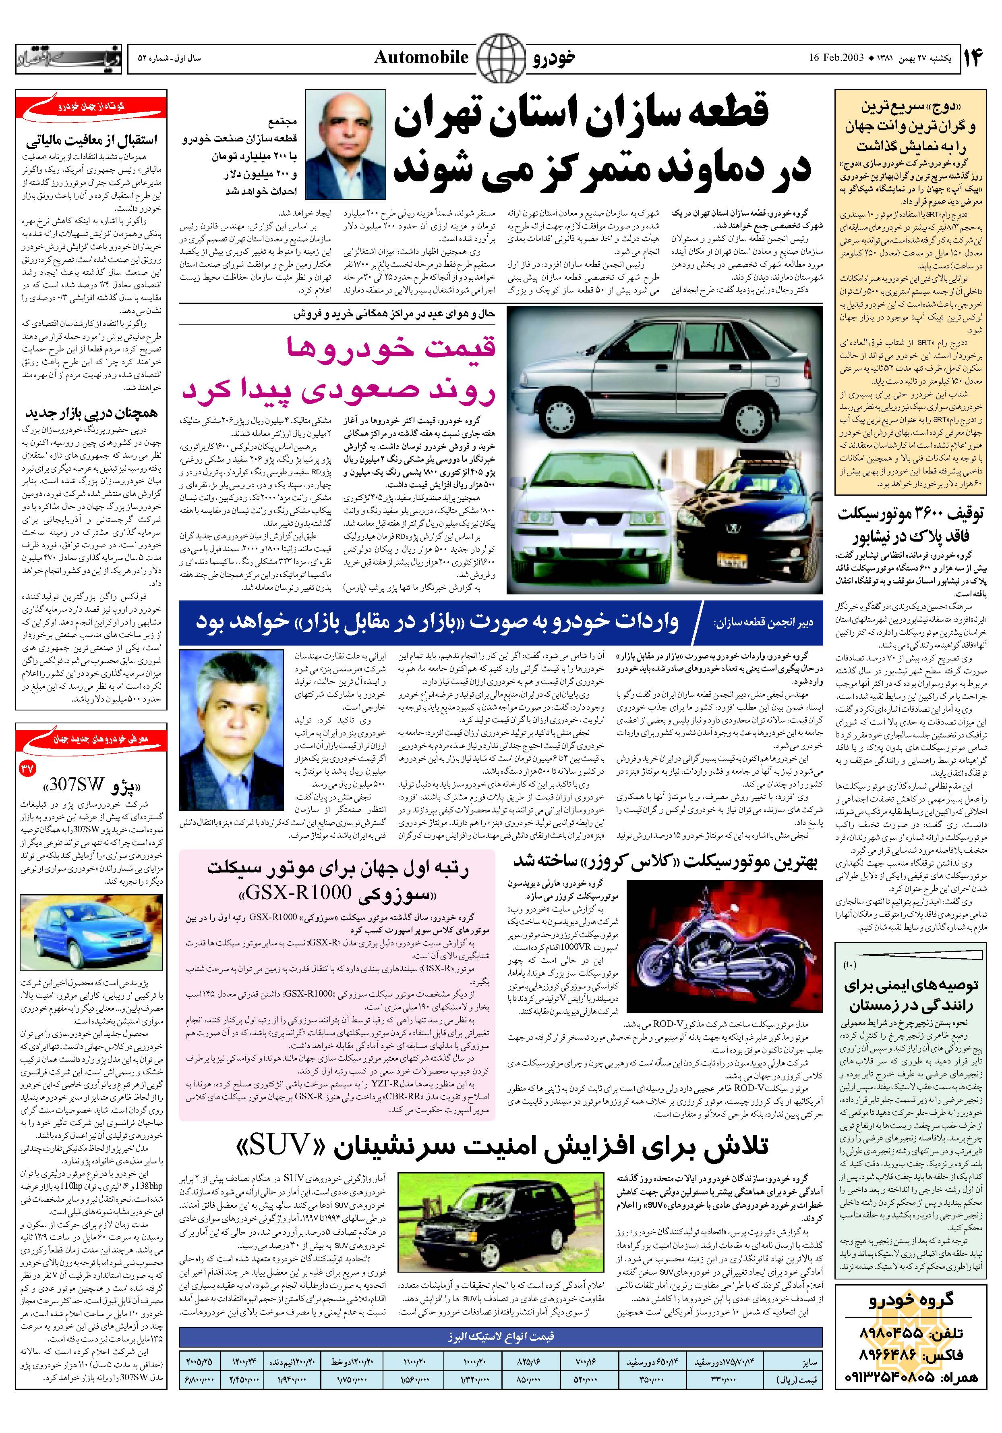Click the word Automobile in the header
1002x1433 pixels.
tap(421, 57)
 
